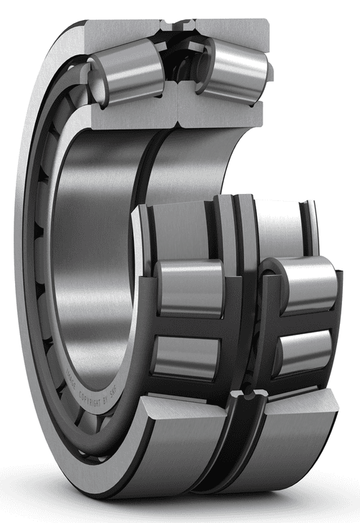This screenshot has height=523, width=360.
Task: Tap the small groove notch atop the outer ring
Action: point(175,26)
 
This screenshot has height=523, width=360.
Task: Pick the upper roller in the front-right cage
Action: point(305,282)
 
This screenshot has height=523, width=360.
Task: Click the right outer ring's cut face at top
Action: point(229,29)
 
